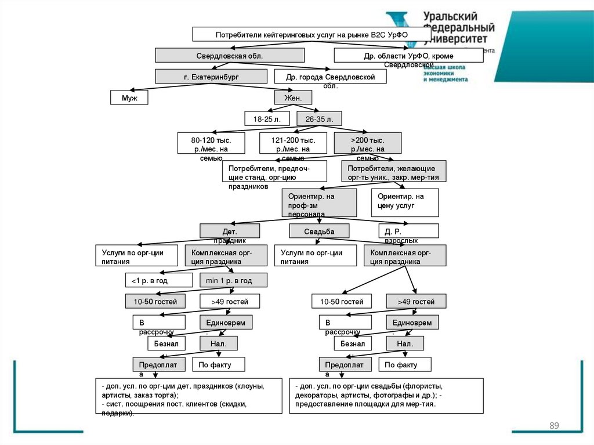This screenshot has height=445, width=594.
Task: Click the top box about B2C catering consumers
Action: click(312, 34)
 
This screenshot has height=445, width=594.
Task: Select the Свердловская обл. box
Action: click(230, 56)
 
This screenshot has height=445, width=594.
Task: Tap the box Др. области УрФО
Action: click(408, 56)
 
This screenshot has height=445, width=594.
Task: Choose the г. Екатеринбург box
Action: click(211, 77)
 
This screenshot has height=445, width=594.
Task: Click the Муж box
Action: click(129, 98)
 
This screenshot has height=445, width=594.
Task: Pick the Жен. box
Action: click(293, 98)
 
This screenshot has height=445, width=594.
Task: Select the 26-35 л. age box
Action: click(319, 119)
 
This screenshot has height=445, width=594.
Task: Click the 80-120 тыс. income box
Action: click(211, 143)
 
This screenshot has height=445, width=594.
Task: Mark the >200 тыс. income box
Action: click(367, 143)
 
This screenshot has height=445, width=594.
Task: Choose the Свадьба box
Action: click(319, 231)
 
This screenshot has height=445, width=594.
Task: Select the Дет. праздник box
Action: click(230, 231)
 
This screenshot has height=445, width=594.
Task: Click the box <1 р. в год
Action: click(158, 281)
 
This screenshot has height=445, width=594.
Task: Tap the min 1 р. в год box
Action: click(233, 281)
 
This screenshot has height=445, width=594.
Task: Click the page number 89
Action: click(554, 426)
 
